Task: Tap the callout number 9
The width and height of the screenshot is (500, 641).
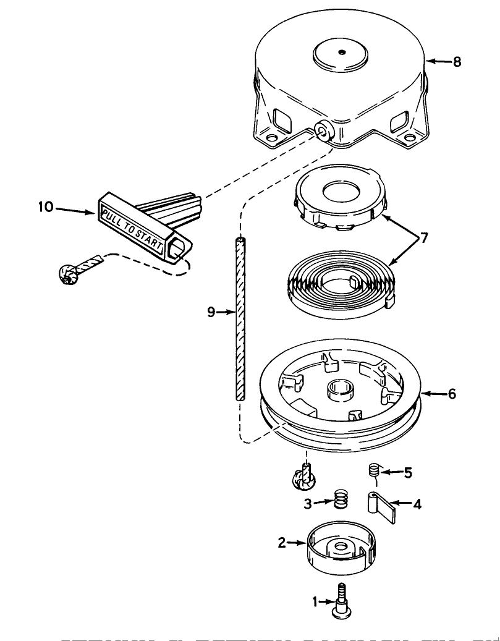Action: [x=211, y=313]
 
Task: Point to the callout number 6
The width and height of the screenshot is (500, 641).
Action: [x=452, y=394]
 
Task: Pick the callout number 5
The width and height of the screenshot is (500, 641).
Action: [x=407, y=473]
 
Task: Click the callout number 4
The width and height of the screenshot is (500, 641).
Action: [x=417, y=504]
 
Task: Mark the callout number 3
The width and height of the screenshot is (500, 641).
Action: [x=307, y=503]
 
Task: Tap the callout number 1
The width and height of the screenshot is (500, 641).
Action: [x=315, y=600]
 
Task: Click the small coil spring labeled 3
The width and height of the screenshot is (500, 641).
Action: [x=339, y=499]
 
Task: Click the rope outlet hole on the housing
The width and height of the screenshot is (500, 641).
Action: [x=322, y=131]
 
